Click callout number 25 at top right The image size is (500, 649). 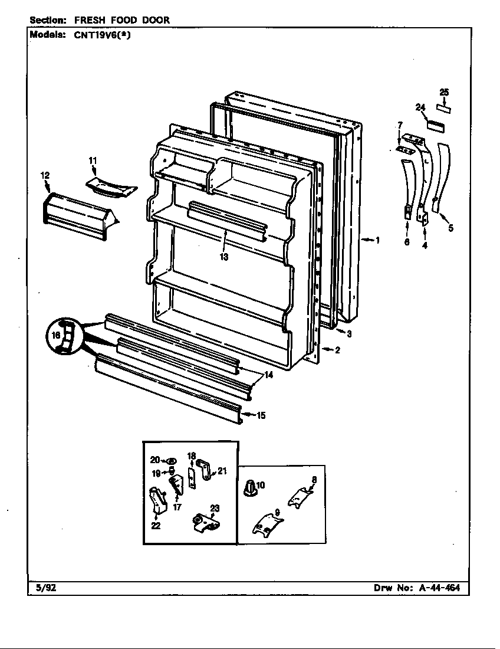click(444, 92)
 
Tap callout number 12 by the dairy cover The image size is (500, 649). click(45, 175)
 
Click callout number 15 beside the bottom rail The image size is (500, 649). click(261, 415)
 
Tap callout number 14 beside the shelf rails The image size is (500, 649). click(268, 375)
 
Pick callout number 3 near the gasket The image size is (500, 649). click(349, 334)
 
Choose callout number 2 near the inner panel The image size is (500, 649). click(337, 350)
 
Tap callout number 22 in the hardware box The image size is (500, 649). click(156, 526)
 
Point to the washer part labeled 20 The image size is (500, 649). click(171, 461)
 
